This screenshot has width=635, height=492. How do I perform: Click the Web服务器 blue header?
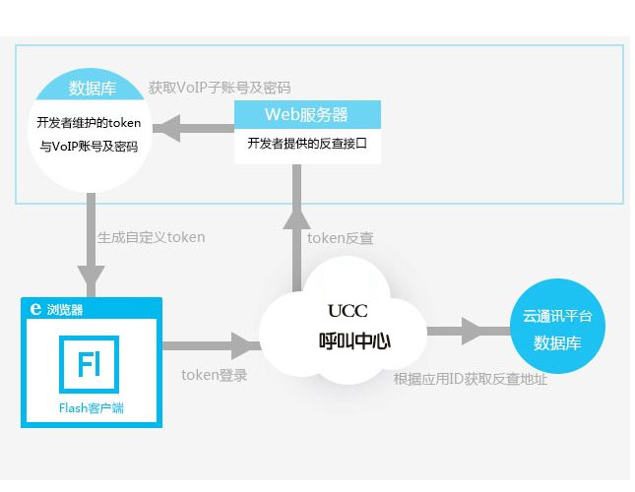point(306,114)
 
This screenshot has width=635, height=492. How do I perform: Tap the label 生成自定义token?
point(151,237)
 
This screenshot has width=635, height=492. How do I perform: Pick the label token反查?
point(340,238)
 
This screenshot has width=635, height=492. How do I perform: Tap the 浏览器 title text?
point(65,308)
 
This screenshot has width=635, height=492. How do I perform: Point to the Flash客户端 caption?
point(91,407)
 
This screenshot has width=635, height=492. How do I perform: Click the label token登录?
point(214,375)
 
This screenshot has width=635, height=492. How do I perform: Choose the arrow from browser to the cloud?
point(207,345)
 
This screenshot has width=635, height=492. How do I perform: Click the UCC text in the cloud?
point(347,311)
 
